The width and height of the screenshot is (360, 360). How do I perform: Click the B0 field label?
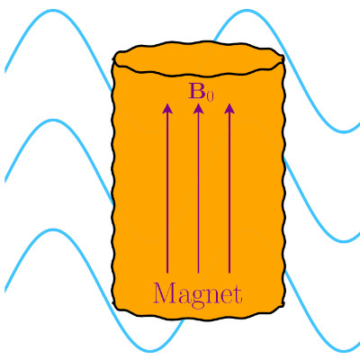tap(201, 92)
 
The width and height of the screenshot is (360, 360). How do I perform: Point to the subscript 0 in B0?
tap(211, 96)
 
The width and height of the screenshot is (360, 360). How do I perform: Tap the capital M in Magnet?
tap(166, 292)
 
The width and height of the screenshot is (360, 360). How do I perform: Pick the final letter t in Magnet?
tap(238, 294)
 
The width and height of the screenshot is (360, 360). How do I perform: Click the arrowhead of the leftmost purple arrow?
tap(167, 109)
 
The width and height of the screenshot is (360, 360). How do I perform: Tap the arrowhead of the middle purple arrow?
tap(198, 109)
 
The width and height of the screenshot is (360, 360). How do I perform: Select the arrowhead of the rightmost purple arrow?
tap(229, 109)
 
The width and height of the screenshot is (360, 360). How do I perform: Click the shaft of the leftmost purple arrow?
tap(167, 193)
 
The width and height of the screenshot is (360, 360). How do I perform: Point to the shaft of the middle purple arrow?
tap(198, 193)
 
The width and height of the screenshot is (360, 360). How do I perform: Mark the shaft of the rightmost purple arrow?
tap(229, 193)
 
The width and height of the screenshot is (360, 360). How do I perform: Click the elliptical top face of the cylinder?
tap(198, 58)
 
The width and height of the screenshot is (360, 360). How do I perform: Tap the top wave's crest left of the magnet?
tap(54, 11)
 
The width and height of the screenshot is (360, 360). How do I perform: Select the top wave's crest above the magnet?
tap(247, 11)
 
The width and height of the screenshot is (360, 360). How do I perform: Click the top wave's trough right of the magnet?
tap(345, 131)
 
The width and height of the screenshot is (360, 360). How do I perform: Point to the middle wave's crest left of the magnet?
tap(54, 121)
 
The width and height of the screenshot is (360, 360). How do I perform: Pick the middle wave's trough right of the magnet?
tap(345, 241)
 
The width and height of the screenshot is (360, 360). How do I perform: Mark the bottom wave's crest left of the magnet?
tap(54, 229)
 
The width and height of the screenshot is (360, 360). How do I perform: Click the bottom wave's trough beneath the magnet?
tap(151, 350)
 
